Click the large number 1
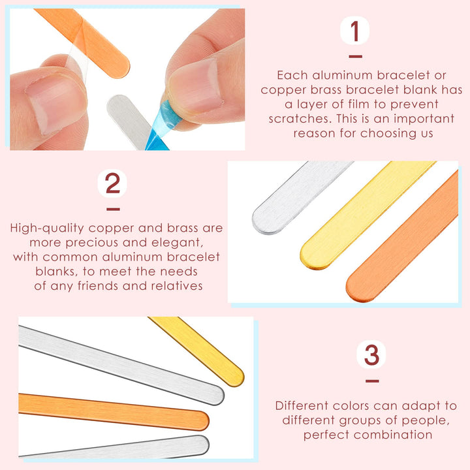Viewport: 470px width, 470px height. [355, 31]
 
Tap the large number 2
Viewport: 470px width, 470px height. [112, 183]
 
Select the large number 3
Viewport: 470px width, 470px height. [371, 355]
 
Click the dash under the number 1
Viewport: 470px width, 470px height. [355, 56]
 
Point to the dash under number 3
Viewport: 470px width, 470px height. [372, 381]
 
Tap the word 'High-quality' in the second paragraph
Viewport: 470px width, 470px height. [47, 228]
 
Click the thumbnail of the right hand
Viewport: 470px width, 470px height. [196, 87]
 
